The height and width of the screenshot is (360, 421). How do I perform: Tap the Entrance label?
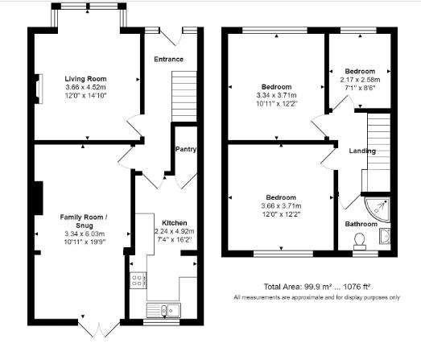coord(169,59)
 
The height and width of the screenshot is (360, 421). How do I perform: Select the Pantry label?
coord(186,150)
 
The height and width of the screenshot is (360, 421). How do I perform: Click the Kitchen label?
coord(175,222)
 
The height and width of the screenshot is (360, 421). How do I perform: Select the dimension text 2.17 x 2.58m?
coord(361,79)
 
